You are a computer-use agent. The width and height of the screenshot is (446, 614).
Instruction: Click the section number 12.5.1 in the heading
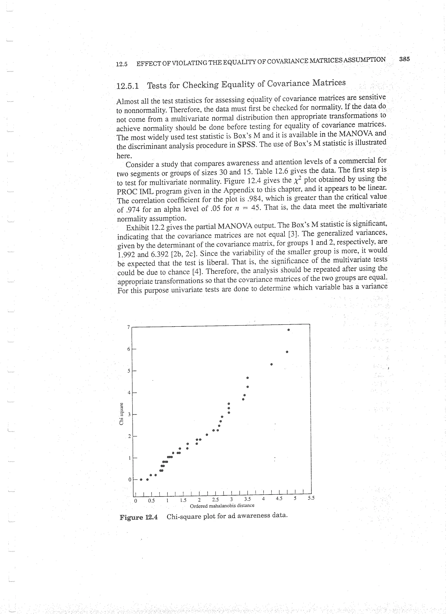pos(127,86)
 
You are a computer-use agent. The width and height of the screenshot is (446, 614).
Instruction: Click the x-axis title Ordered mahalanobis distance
pos(222,505)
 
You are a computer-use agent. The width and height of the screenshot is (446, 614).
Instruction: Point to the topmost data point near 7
pos(289,330)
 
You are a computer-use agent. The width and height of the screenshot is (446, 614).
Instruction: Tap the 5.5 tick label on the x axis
pos(311,498)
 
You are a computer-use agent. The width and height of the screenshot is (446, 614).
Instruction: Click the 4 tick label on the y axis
pos(129,393)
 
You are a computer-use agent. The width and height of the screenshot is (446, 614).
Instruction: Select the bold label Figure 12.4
pos(139,517)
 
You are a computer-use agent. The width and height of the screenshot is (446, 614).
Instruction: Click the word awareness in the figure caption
pos(254,516)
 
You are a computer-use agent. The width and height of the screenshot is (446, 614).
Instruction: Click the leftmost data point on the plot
pos(141,479)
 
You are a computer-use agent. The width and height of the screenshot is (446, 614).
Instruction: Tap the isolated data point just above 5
pos(271,364)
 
